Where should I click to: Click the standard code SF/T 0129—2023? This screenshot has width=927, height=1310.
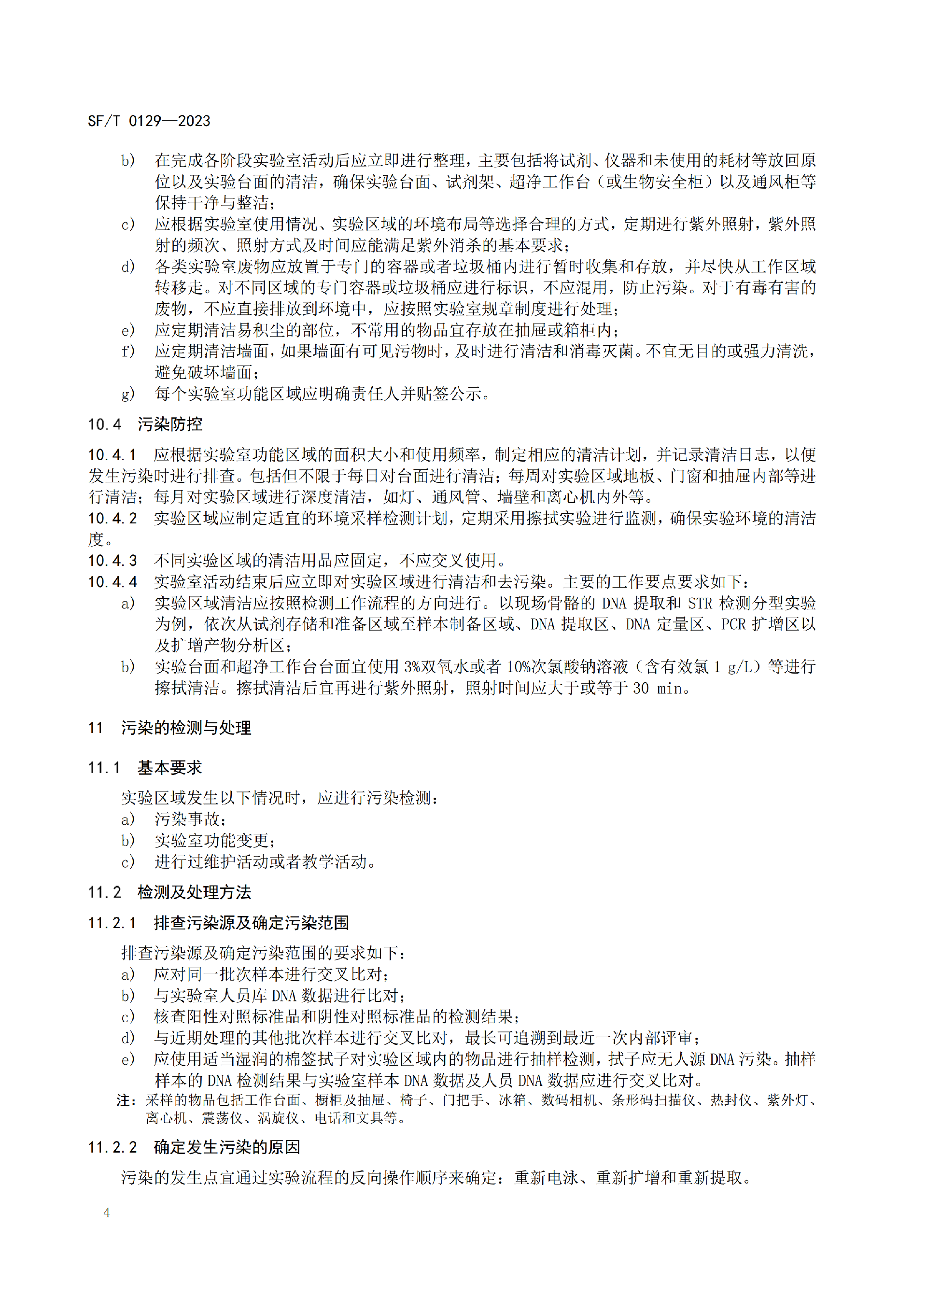coord(149,121)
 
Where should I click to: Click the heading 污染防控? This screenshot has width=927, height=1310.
coord(170,424)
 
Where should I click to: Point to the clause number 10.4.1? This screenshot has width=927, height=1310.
coord(112,455)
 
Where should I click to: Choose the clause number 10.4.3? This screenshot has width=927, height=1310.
coord(112,561)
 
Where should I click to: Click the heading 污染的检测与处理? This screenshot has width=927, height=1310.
coord(186,728)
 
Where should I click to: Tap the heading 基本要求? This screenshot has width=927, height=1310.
coord(170,768)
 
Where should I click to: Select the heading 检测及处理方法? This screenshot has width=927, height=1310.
coord(195,892)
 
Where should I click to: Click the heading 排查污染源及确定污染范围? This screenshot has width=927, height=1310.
coord(252,923)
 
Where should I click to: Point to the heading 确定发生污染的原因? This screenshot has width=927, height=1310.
coord(227,1147)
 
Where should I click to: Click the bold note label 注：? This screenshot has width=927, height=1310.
coord(126,1100)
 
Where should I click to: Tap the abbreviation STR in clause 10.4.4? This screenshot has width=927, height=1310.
coord(700,604)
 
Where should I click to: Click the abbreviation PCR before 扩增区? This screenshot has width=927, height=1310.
coord(733,624)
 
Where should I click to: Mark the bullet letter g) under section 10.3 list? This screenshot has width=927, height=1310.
coord(128,394)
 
